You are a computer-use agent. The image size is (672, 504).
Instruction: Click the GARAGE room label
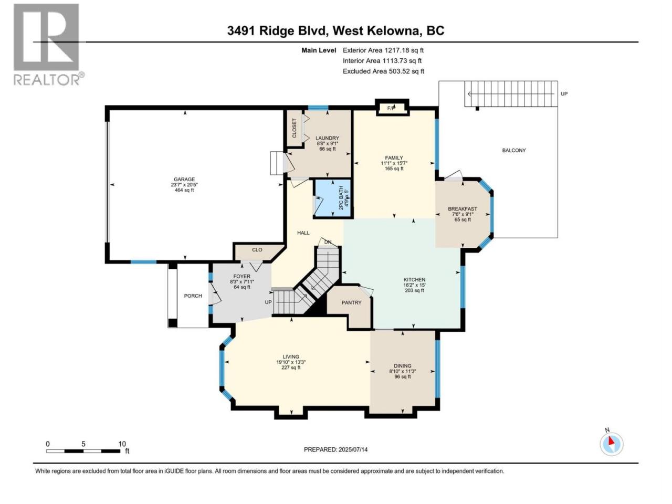[184, 180]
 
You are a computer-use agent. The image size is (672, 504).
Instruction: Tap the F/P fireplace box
[392, 108]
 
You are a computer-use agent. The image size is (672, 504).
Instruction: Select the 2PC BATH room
[333, 198]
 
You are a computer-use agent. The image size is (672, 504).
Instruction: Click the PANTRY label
[351, 302]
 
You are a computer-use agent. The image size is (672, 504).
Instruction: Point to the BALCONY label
[514, 150]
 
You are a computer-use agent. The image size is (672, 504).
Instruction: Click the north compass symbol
[612, 444]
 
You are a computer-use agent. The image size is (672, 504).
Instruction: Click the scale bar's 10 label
[122, 444]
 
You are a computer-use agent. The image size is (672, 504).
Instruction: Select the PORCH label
[193, 296]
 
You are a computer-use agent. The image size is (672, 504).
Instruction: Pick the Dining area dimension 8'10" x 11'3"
[403, 371]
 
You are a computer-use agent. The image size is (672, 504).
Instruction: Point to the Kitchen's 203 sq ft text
[414, 290]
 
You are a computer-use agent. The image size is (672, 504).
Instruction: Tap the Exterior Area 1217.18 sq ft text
[383, 50]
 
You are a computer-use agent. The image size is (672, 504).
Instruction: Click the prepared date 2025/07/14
[353, 449]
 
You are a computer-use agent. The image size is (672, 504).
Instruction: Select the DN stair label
[328, 242]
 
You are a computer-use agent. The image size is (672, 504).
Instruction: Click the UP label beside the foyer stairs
[268, 302]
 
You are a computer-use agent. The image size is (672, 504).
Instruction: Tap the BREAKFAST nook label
[463, 209]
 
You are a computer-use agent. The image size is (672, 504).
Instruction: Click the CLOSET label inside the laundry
[294, 128]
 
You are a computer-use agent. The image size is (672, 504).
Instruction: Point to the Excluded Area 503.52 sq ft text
[384, 71]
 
